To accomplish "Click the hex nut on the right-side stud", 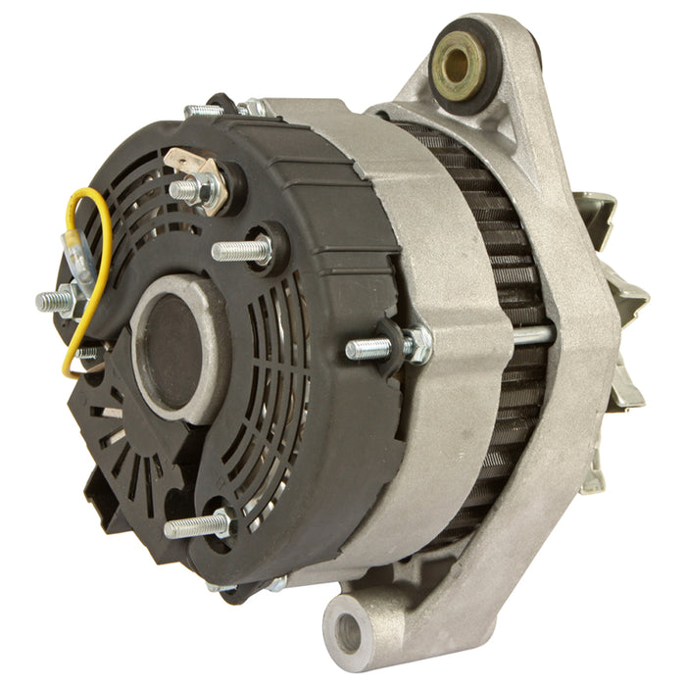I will tap(416, 344).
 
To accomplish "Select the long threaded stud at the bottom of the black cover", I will tap(191, 526).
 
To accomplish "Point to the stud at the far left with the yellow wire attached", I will tap(56, 300).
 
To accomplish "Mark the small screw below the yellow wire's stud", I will tap(86, 352).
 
